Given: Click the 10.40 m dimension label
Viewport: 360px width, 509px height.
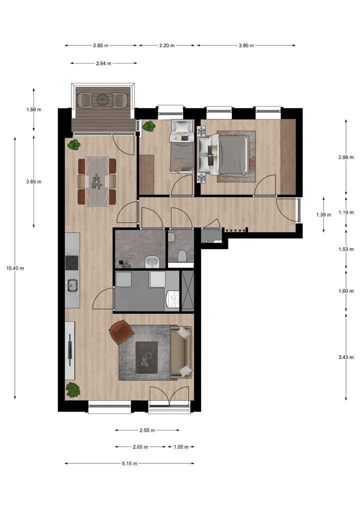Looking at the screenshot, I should click(15, 268).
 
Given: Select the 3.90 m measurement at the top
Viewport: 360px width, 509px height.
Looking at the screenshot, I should click(245, 45).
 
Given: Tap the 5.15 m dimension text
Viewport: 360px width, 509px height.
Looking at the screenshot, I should click(129, 463).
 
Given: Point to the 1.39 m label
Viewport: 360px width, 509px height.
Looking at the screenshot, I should click(323, 214).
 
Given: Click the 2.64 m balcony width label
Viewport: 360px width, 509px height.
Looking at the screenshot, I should click(103, 63).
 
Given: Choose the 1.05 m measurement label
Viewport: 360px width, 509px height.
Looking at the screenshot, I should click(180, 447).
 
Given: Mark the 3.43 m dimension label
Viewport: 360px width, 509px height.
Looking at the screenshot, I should click(346, 357).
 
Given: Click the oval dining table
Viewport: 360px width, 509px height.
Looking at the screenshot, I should click(97, 181).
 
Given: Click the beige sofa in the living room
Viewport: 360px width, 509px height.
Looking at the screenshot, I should click(181, 351).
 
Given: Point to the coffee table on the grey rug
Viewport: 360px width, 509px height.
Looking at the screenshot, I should click(146, 356).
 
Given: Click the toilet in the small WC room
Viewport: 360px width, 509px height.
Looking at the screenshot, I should click(181, 256).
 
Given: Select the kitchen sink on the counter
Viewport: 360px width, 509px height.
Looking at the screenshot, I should click(71, 285).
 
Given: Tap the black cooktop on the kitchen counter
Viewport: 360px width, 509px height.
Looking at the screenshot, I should click(72, 262).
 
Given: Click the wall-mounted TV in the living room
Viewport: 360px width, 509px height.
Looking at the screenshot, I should click(69, 349).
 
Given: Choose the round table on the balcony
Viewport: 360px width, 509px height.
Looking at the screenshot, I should click(102, 99).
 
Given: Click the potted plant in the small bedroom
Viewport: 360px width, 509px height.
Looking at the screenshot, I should click(148, 126).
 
